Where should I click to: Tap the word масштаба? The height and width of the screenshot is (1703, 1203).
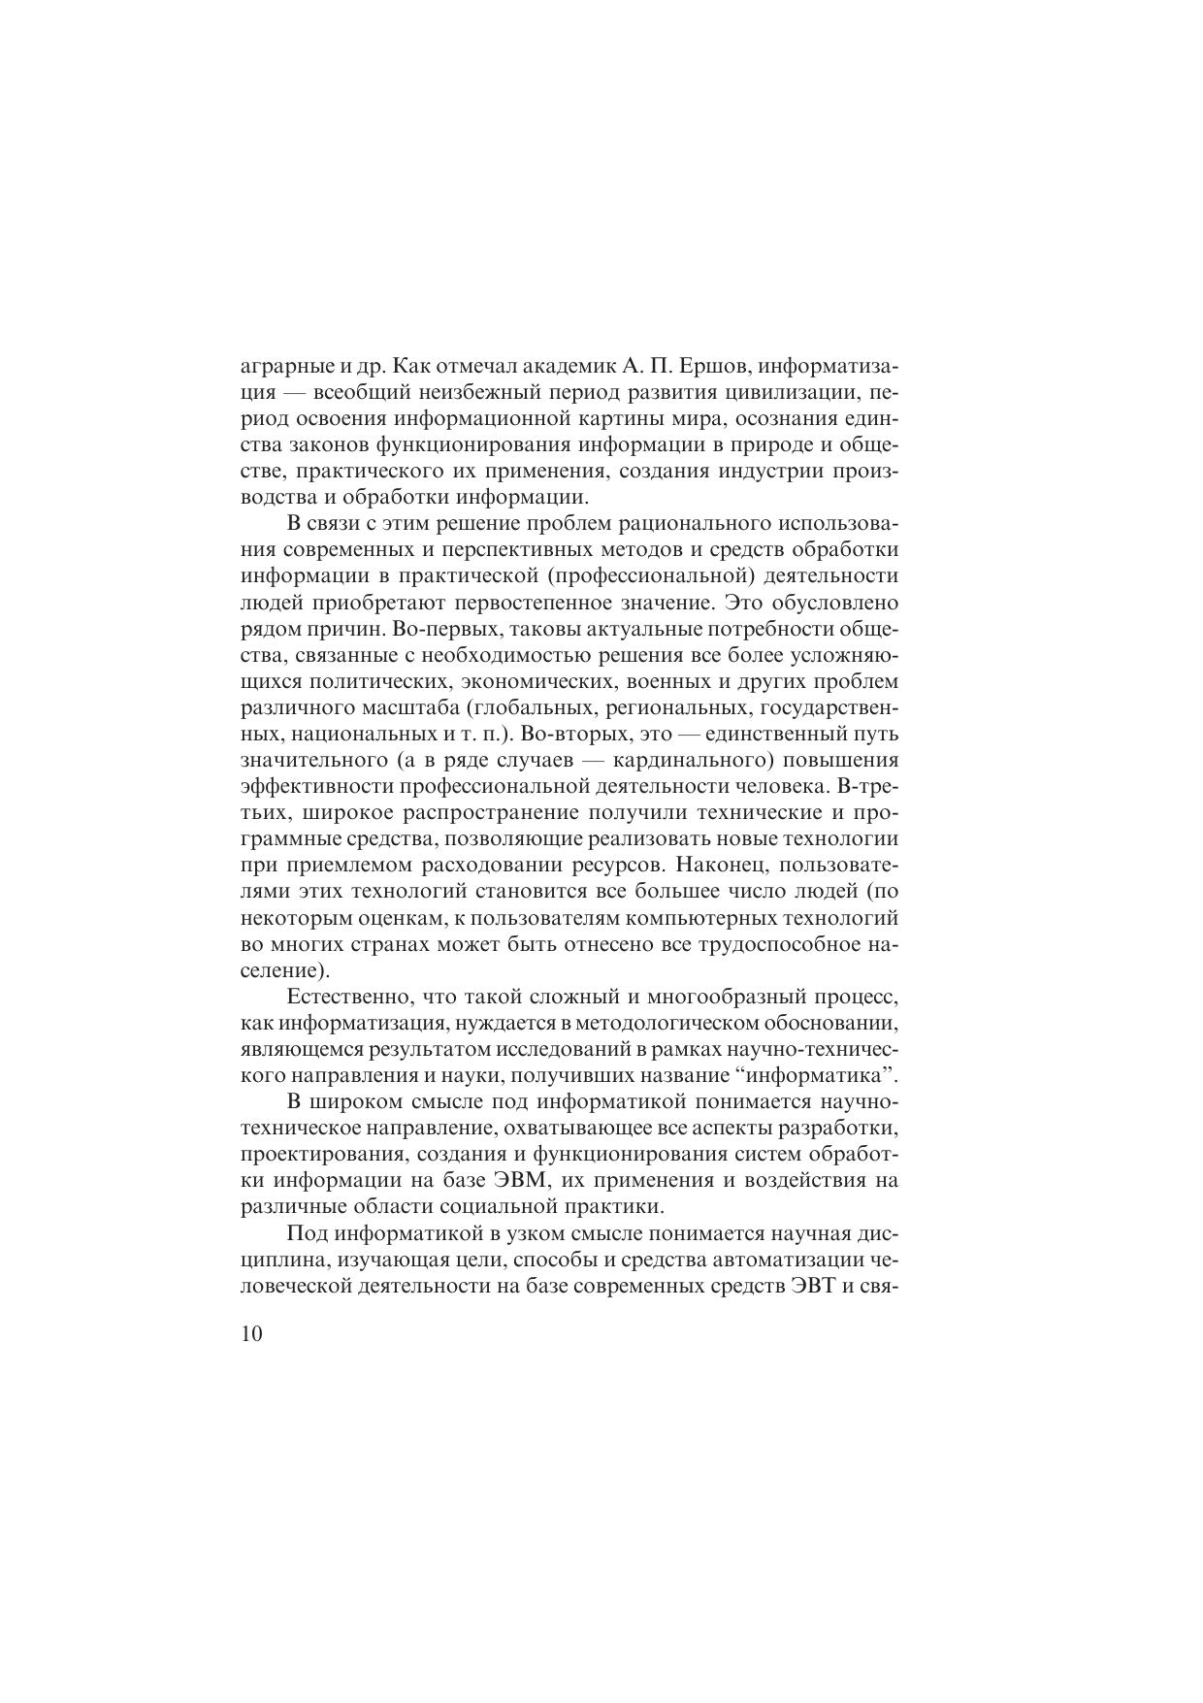396,707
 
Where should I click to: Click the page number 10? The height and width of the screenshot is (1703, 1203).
250,1334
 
